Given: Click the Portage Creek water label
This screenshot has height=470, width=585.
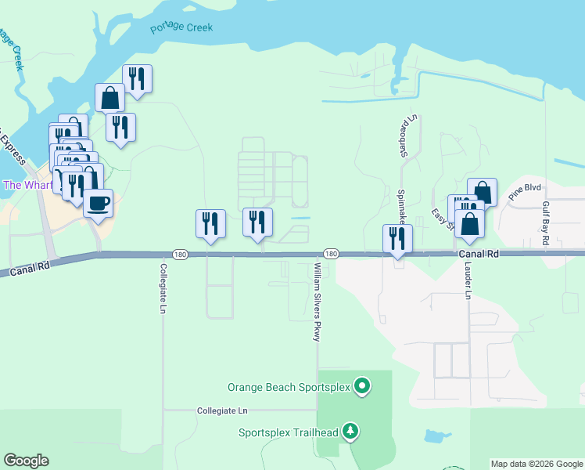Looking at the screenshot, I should point(181,28).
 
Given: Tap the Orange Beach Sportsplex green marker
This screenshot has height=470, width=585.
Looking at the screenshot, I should point(361,386).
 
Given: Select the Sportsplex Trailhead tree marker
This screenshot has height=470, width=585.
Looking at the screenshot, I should point(351,431).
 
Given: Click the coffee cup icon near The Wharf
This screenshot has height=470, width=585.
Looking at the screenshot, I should point(98,203).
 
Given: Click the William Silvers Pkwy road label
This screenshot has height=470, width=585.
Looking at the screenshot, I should point(318,302).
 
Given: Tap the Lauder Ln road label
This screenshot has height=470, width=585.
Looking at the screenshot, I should point(468,281).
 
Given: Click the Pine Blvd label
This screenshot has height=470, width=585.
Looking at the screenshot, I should point(524,193).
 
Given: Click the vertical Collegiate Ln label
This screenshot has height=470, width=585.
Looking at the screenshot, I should point(163,287).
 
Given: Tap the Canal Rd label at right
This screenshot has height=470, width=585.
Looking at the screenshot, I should point(478,254).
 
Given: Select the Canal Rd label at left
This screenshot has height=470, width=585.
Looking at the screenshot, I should point(31,269).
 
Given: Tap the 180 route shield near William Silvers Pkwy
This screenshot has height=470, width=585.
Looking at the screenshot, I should point(331,254).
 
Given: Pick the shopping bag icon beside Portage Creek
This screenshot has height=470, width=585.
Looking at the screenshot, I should point(110,98).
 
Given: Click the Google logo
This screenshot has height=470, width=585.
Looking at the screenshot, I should point(26,461).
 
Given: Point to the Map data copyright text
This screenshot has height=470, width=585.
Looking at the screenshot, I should point(537,464).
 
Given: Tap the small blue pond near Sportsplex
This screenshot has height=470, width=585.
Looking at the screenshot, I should point(432,436).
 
